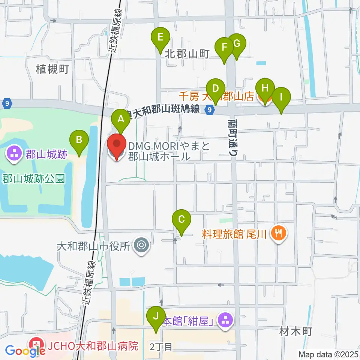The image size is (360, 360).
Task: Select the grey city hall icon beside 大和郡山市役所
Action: [141, 246]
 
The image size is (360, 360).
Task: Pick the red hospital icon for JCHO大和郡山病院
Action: [36, 344]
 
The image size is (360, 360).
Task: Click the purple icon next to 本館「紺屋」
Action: [225, 321]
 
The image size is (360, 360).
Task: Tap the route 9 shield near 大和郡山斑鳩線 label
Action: [210, 109]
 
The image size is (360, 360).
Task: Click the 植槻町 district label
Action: [52, 69]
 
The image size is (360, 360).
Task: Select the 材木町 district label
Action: [296, 331]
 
